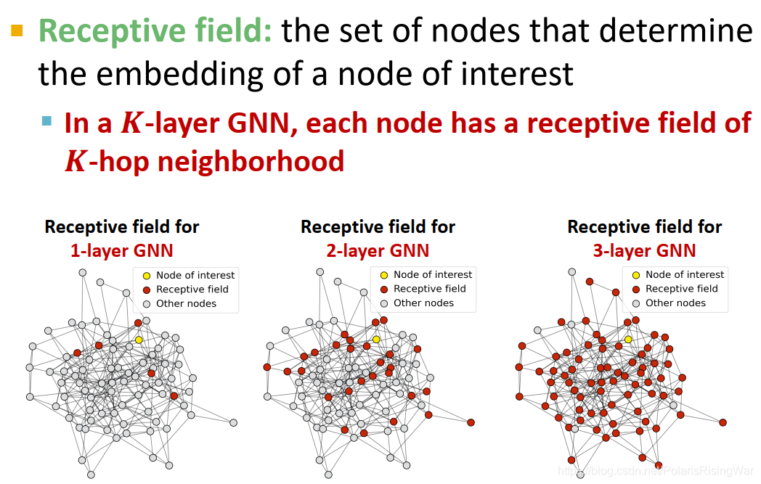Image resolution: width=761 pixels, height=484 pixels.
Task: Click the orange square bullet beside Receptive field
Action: [17, 30]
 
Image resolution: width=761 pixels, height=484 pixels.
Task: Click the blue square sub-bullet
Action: [47, 121]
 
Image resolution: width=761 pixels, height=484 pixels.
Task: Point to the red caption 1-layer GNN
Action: [121, 251]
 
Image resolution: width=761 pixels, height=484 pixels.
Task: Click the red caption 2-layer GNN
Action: [378, 251]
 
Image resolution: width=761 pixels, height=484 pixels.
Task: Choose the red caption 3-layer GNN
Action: [644, 251]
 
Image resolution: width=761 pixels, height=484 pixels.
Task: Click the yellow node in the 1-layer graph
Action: [139, 340]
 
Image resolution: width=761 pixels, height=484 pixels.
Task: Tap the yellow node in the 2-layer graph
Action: [376, 339]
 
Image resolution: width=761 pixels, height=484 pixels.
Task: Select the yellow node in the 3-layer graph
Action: [628, 339]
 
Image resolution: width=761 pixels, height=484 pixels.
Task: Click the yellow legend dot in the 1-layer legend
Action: [146, 276]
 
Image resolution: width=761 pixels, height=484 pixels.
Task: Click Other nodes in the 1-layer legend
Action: [186, 303]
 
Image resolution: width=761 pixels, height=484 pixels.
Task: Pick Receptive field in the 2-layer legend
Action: [429, 289]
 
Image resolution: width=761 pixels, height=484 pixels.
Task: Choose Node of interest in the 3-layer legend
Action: [684, 274]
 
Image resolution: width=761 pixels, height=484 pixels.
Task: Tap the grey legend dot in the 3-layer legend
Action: [636, 303]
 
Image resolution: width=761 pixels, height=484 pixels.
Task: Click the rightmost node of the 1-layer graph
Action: [233, 422]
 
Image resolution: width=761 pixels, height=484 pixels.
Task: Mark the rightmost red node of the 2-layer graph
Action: [471, 422]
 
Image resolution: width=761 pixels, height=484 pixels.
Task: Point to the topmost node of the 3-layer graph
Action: [571, 271]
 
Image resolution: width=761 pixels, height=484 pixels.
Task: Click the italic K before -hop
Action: [75, 161]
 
